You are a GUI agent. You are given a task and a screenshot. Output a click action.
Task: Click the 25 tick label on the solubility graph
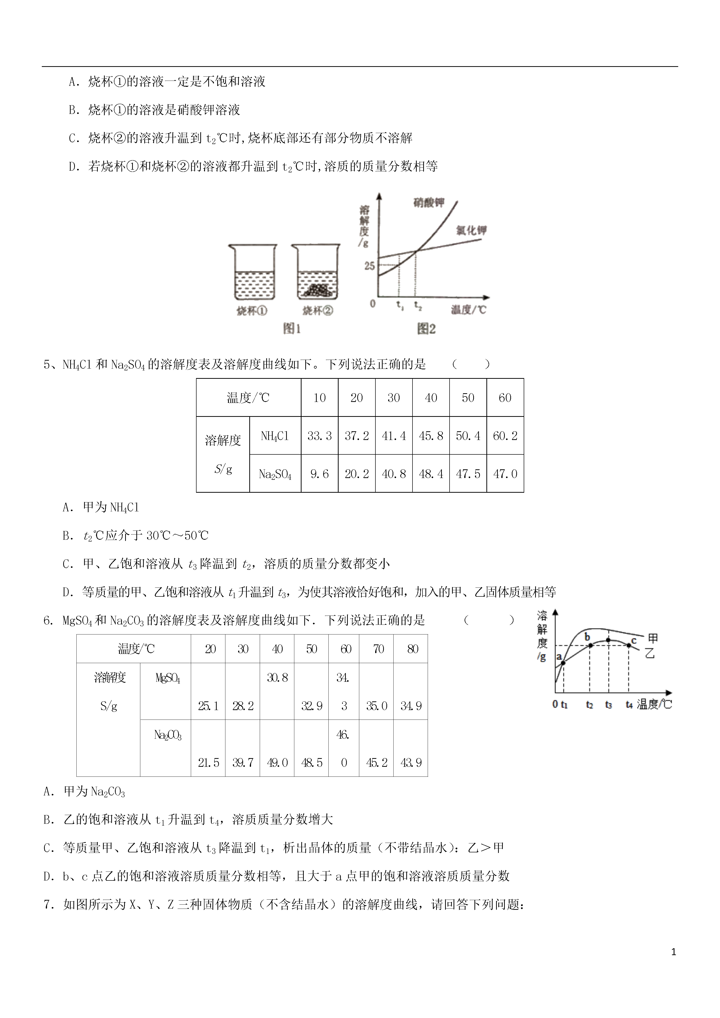click(369, 266)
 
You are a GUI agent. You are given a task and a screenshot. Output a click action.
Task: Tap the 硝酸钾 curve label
click(428, 203)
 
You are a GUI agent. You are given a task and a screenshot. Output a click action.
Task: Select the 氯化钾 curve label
click(471, 230)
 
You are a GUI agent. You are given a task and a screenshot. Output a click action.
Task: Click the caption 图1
click(292, 329)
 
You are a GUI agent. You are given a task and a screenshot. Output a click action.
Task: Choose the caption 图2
click(426, 329)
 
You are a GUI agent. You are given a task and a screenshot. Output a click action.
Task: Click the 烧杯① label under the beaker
click(252, 311)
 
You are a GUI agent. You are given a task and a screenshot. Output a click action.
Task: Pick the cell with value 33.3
click(319, 436)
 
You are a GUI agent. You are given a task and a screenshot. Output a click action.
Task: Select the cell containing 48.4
click(431, 474)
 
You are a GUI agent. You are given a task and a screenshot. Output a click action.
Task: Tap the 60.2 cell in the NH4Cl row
click(505, 436)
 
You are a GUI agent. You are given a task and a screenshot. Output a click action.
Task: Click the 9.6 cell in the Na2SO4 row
click(319, 474)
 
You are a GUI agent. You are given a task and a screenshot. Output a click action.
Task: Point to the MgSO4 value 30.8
click(277, 678)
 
